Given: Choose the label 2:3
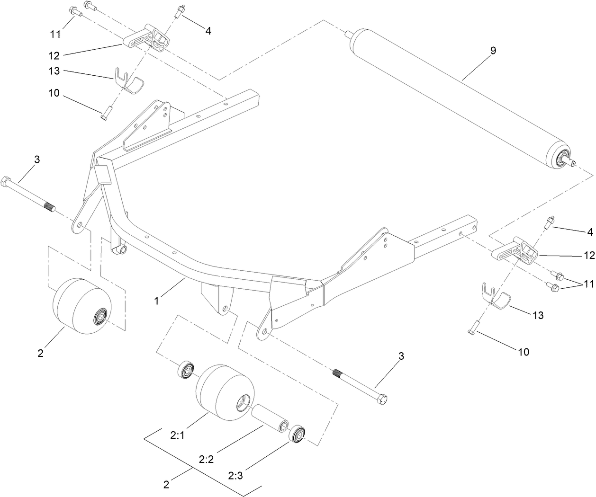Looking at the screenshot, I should [235, 474].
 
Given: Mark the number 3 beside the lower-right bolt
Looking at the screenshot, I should [401, 356].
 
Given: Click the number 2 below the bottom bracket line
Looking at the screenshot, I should [166, 484].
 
